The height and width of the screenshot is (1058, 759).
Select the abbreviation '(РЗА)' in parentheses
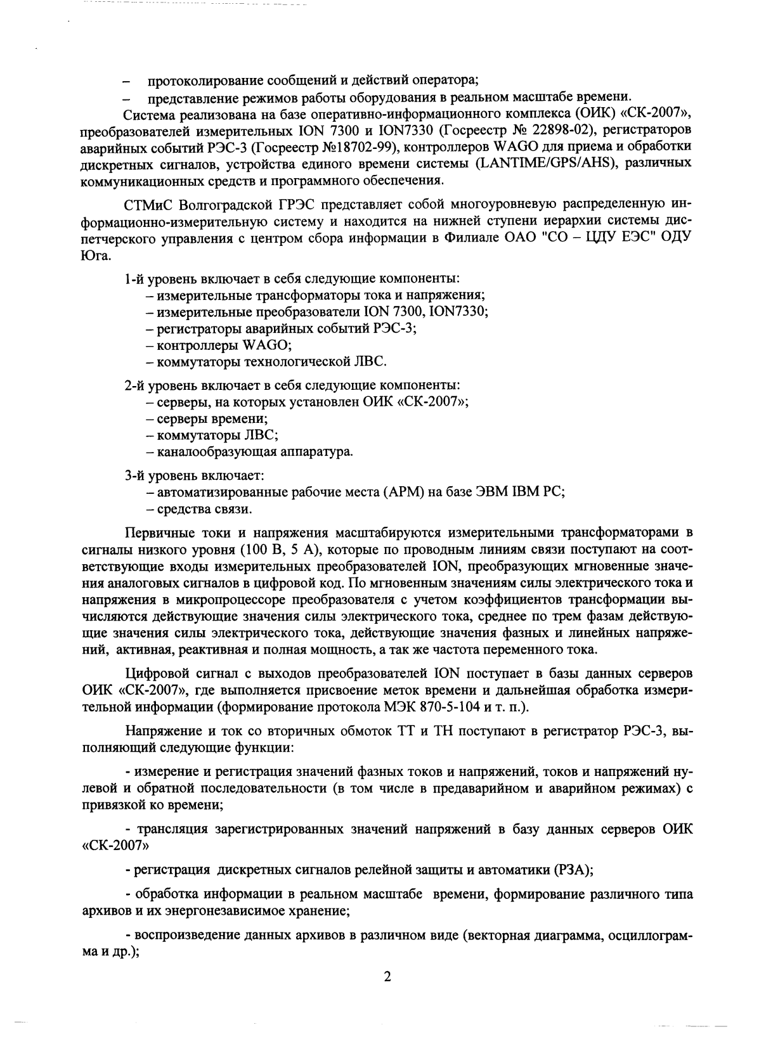[572, 870]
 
